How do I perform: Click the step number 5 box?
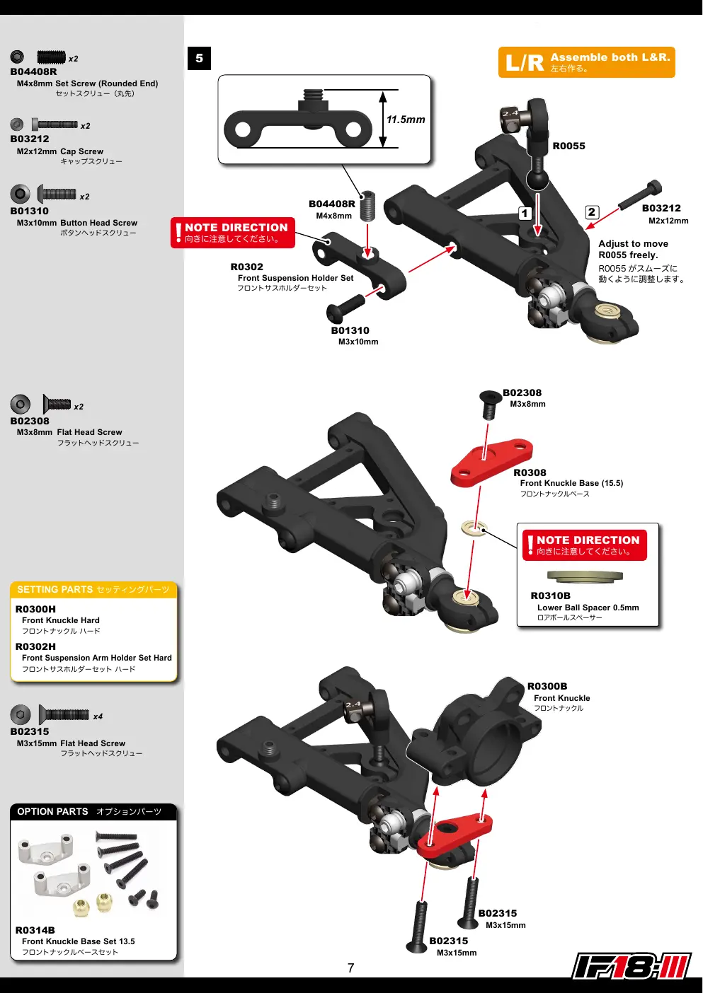199,58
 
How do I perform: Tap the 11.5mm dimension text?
406,120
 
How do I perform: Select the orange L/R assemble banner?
586,62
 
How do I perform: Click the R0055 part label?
568,146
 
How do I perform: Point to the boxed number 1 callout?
525,213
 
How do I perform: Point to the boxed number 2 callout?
592,212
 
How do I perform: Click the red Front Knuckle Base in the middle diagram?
491,460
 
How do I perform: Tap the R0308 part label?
530,472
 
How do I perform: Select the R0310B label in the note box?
550,596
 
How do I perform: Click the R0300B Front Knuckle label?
547,686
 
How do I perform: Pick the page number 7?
350,968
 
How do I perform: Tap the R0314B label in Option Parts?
35,930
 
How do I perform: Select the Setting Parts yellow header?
93,590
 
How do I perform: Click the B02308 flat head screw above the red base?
489,404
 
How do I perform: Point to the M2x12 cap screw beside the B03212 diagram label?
639,195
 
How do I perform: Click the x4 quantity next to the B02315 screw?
98,716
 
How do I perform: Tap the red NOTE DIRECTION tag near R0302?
232,233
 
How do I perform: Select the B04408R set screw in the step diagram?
367,206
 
